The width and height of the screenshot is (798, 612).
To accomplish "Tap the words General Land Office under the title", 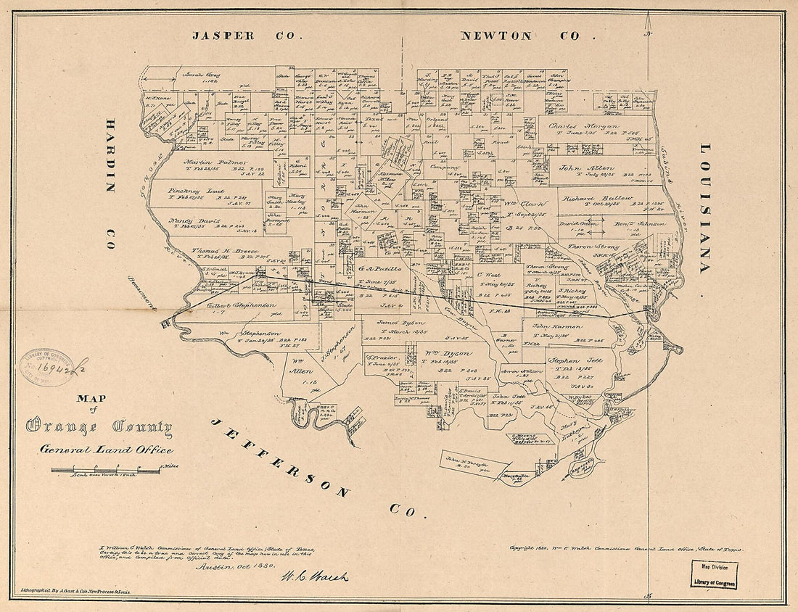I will pos(107,450).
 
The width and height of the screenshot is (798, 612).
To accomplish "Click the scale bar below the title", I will pos(105,471).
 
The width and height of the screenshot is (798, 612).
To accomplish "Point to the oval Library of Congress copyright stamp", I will pos(46,368).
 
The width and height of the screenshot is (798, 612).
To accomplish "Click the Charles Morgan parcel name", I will pos(583,126).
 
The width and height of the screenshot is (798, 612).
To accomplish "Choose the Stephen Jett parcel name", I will pos(575,360).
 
